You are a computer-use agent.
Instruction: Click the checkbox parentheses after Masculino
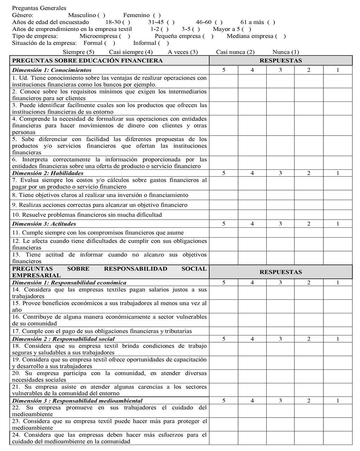101,15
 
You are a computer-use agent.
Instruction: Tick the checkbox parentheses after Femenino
157,15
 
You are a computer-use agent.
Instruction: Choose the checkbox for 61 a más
271,22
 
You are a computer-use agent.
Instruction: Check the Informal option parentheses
163,43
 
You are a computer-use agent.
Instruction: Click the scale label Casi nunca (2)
235,52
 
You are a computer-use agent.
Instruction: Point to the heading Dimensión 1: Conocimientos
52,70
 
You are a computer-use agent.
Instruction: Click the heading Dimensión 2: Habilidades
48,173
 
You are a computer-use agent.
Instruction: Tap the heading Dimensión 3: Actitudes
44,224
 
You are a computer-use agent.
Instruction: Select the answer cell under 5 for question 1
224,81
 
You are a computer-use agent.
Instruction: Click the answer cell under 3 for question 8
280,195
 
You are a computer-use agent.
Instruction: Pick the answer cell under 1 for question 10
338,215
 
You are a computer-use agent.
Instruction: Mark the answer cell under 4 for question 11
252,233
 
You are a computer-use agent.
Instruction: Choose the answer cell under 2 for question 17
309,331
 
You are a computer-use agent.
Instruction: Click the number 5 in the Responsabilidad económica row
224,283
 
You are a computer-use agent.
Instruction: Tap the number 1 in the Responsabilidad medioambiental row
338,401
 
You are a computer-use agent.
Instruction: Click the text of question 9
100,205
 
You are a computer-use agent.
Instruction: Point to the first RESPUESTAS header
280,61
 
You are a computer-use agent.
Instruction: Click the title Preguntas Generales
39,8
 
